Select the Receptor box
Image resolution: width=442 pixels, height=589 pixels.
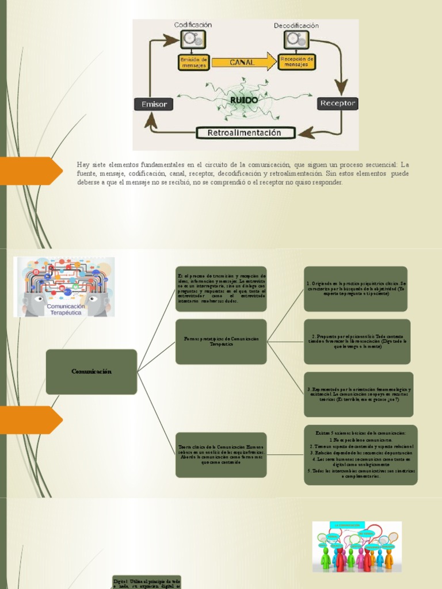coord(338,104)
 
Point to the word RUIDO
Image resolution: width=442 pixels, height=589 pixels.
coord(243,100)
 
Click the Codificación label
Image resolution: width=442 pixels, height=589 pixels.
coord(193,25)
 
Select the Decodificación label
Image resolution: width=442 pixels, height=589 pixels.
coord(296,25)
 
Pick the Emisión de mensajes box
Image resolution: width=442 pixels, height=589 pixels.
coord(193,62)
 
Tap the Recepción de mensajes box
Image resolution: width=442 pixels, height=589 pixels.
coord(296,62)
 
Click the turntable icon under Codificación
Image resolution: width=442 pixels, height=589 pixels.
coord(192,40)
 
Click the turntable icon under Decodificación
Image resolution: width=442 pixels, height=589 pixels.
coord(296,40)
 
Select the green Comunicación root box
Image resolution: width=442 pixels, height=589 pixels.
coord(92,372)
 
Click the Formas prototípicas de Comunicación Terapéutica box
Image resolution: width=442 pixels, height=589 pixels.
coord(221,342)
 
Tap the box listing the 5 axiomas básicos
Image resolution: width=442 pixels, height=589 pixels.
coord(360,454)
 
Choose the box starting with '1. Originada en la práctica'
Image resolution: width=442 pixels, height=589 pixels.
coord(356,289)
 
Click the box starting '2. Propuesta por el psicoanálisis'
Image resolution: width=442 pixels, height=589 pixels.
coord(357,342)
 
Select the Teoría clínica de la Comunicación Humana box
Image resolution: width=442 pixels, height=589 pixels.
coord(221,454)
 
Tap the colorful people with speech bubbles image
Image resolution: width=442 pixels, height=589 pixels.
coord(357,546)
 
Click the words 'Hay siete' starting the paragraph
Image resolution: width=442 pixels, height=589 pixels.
coord(87,165)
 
